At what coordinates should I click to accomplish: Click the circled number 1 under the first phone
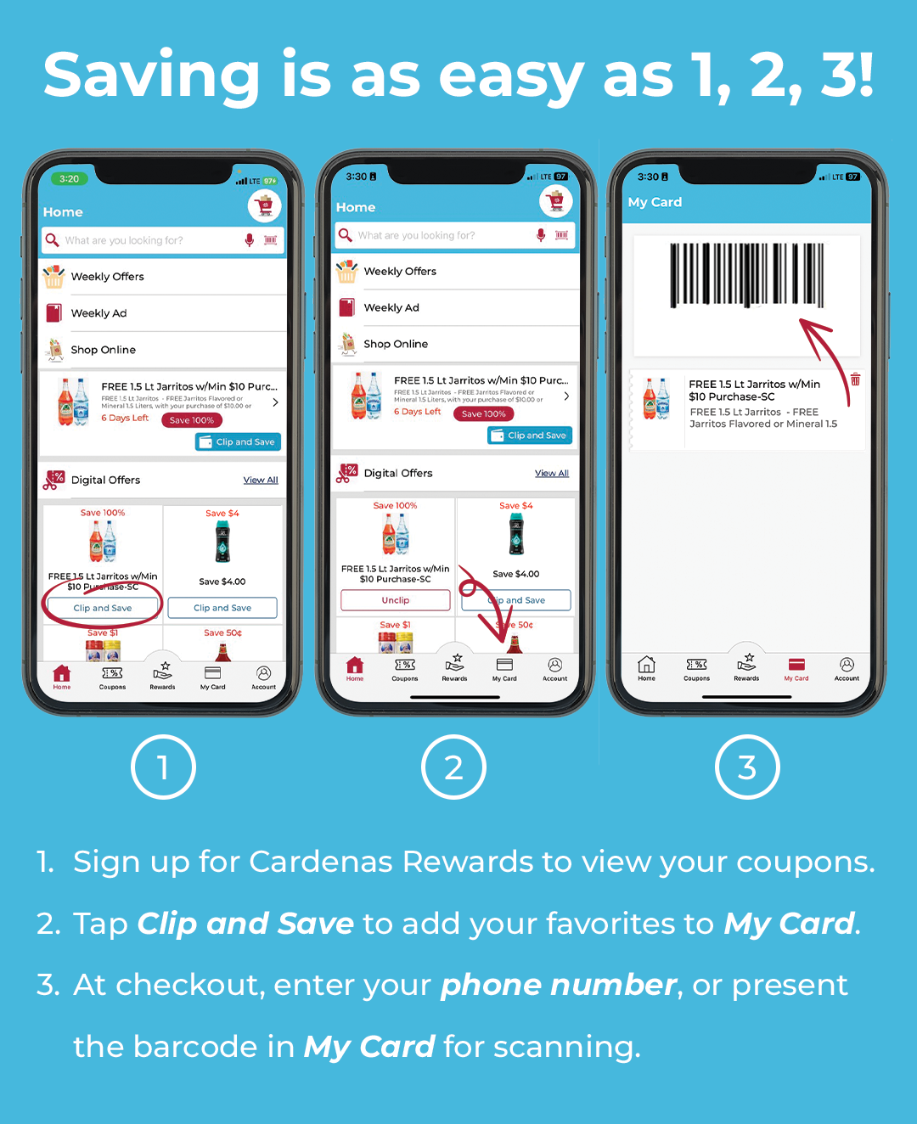[163, 767]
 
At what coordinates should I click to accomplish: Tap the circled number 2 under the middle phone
[453, 767]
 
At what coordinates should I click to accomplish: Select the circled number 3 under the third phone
[746, 767]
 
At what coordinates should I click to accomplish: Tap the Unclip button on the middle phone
[395, 600]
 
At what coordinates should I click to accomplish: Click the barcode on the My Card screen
[746, 274]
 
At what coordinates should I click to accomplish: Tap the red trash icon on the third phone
[855, 379]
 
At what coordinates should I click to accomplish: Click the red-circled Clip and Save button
[103, 608]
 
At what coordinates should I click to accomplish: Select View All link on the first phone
[261, 480]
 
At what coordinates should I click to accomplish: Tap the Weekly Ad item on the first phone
[98, 313]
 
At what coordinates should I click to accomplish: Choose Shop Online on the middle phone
[396, 344]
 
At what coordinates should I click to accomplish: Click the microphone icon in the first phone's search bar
[249, 240]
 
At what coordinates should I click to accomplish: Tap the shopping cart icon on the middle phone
[556, 201]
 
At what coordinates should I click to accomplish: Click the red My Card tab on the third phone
[796, 668]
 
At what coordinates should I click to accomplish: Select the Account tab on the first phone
[263, 677]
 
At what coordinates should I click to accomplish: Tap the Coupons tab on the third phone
[696, 668]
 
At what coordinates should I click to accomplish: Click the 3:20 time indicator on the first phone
[70, 179]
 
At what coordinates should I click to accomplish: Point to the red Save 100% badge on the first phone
[192, 420]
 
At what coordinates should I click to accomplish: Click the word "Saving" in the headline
[151, 76]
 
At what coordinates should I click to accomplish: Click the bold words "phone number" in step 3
[558, 985]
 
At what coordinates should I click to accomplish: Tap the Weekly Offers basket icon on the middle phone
[346, 272]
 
